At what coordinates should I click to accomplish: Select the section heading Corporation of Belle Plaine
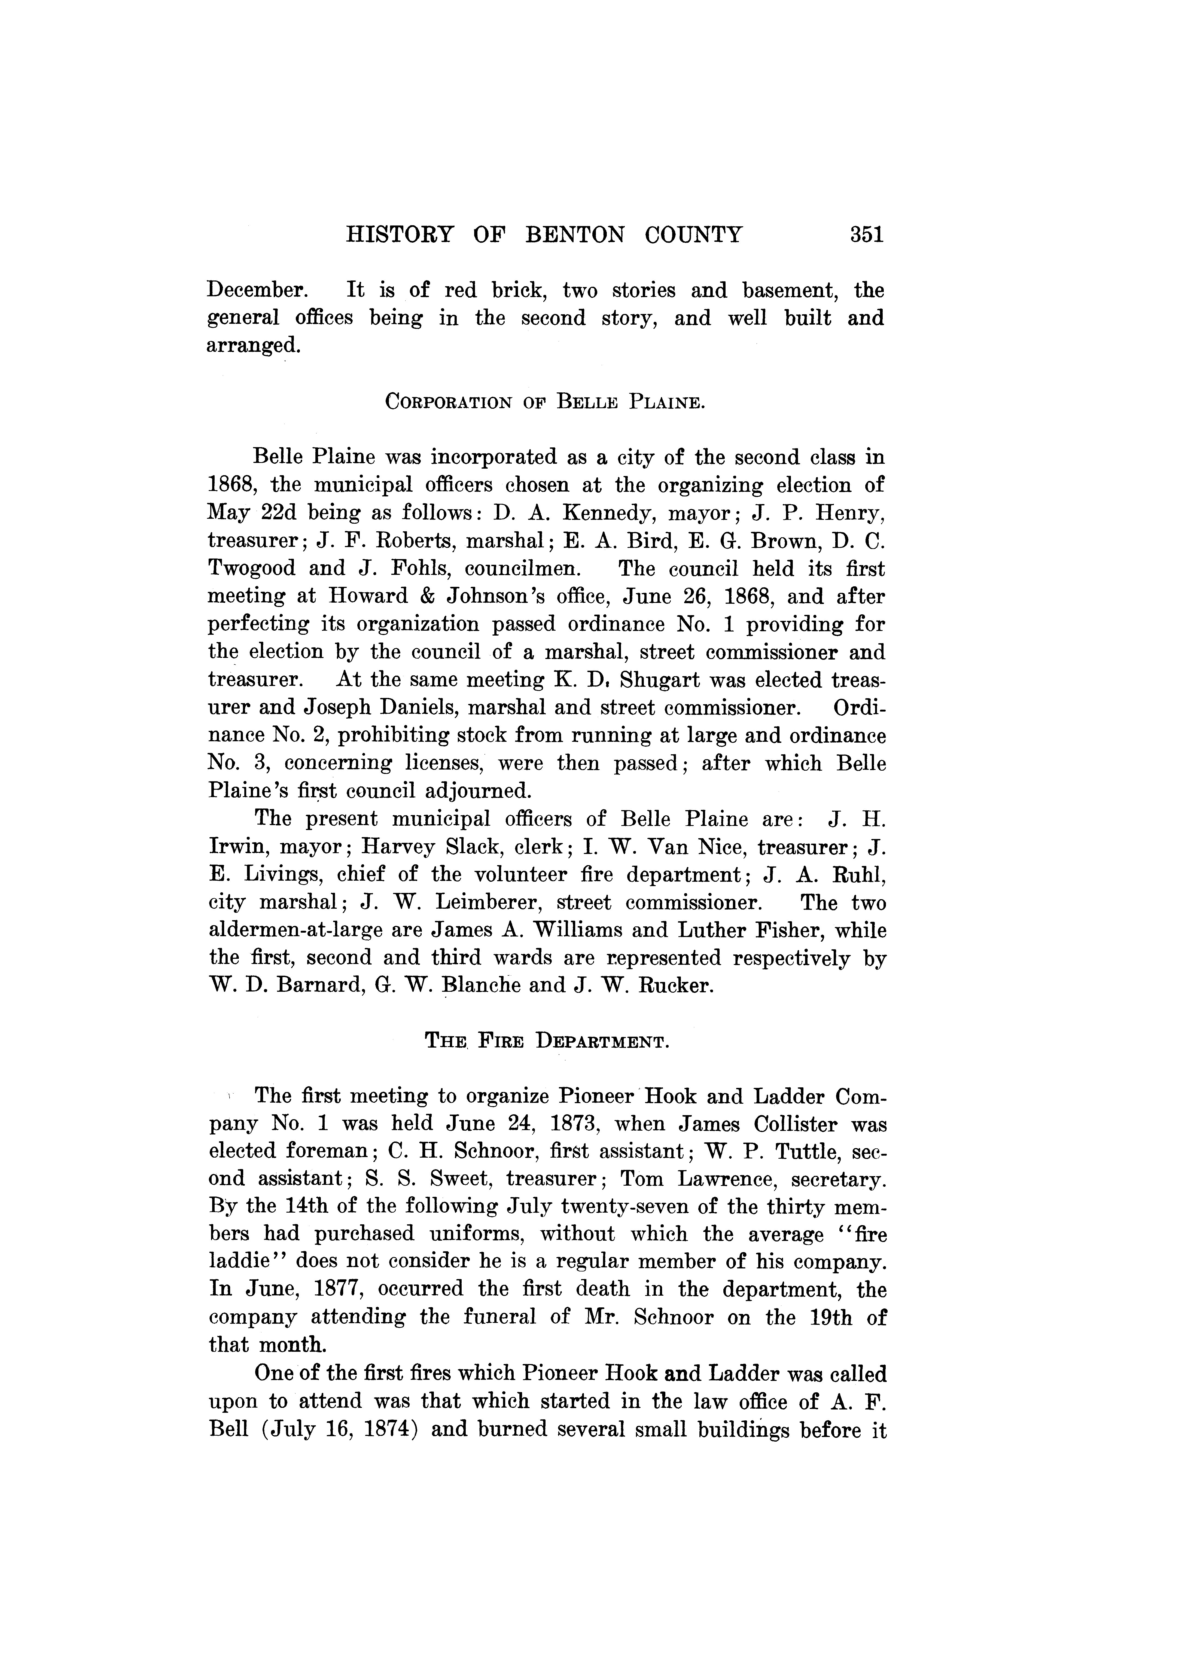pyautogui.click(x=544, y=402)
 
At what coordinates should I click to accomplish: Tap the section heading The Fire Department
pyautogui.click(x=547, y=1041)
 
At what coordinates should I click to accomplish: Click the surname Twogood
pyautogui.click(x=252, y=568)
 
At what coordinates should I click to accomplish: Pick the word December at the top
pyautogui.click(x=257, y=290)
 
